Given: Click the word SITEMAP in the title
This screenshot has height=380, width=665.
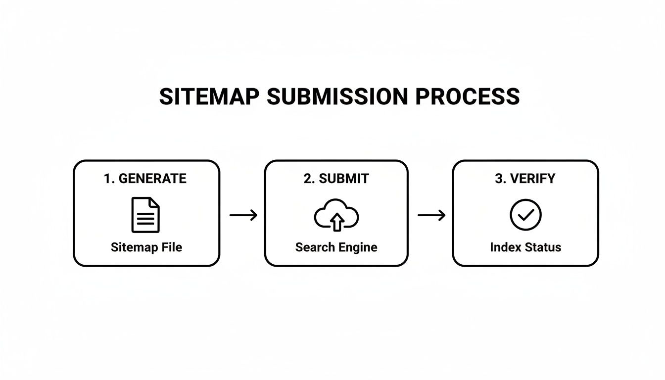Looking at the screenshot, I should (x=209, y=96).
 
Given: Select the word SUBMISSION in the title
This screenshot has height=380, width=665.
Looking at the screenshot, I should (x=337, y=96).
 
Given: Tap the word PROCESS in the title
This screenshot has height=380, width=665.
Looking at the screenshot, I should (x=468, y=96).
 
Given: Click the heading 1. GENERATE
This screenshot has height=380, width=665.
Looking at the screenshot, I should (x=145, y=179).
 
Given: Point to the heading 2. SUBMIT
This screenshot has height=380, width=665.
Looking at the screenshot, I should (x=336, y=179).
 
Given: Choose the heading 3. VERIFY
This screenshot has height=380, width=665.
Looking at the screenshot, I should (x=525, y=179).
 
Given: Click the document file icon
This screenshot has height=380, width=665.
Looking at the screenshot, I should (x=145, y=215).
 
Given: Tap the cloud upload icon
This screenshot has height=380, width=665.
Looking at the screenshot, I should (x=336, y=215).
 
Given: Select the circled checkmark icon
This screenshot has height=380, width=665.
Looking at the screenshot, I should (x=525, y=215).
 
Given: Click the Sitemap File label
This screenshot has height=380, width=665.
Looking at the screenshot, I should (x=146, y=247).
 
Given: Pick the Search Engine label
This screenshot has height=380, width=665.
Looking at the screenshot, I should (x=336, y=247).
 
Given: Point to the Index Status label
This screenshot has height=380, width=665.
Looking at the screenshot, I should (x=525, y=247).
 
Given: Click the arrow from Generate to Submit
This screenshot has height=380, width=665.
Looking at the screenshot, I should (x=243, y=215).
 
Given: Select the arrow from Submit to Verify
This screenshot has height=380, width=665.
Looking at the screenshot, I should (x=431, y=215).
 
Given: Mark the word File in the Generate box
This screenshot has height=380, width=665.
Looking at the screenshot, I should (x=173, y=247).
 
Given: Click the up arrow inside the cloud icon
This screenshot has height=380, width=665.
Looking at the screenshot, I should (x=336, y=222).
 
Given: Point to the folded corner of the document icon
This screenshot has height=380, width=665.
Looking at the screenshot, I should (x=154, y=202).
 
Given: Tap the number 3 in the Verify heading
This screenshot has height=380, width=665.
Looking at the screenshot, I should (x=498, y=179).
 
